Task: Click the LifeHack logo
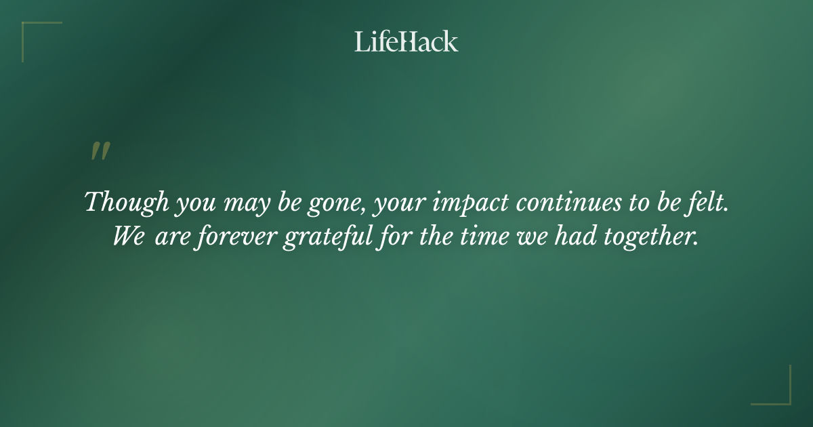click(406, 41)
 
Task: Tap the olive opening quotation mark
click(100, 152)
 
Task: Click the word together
click(651, 237)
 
